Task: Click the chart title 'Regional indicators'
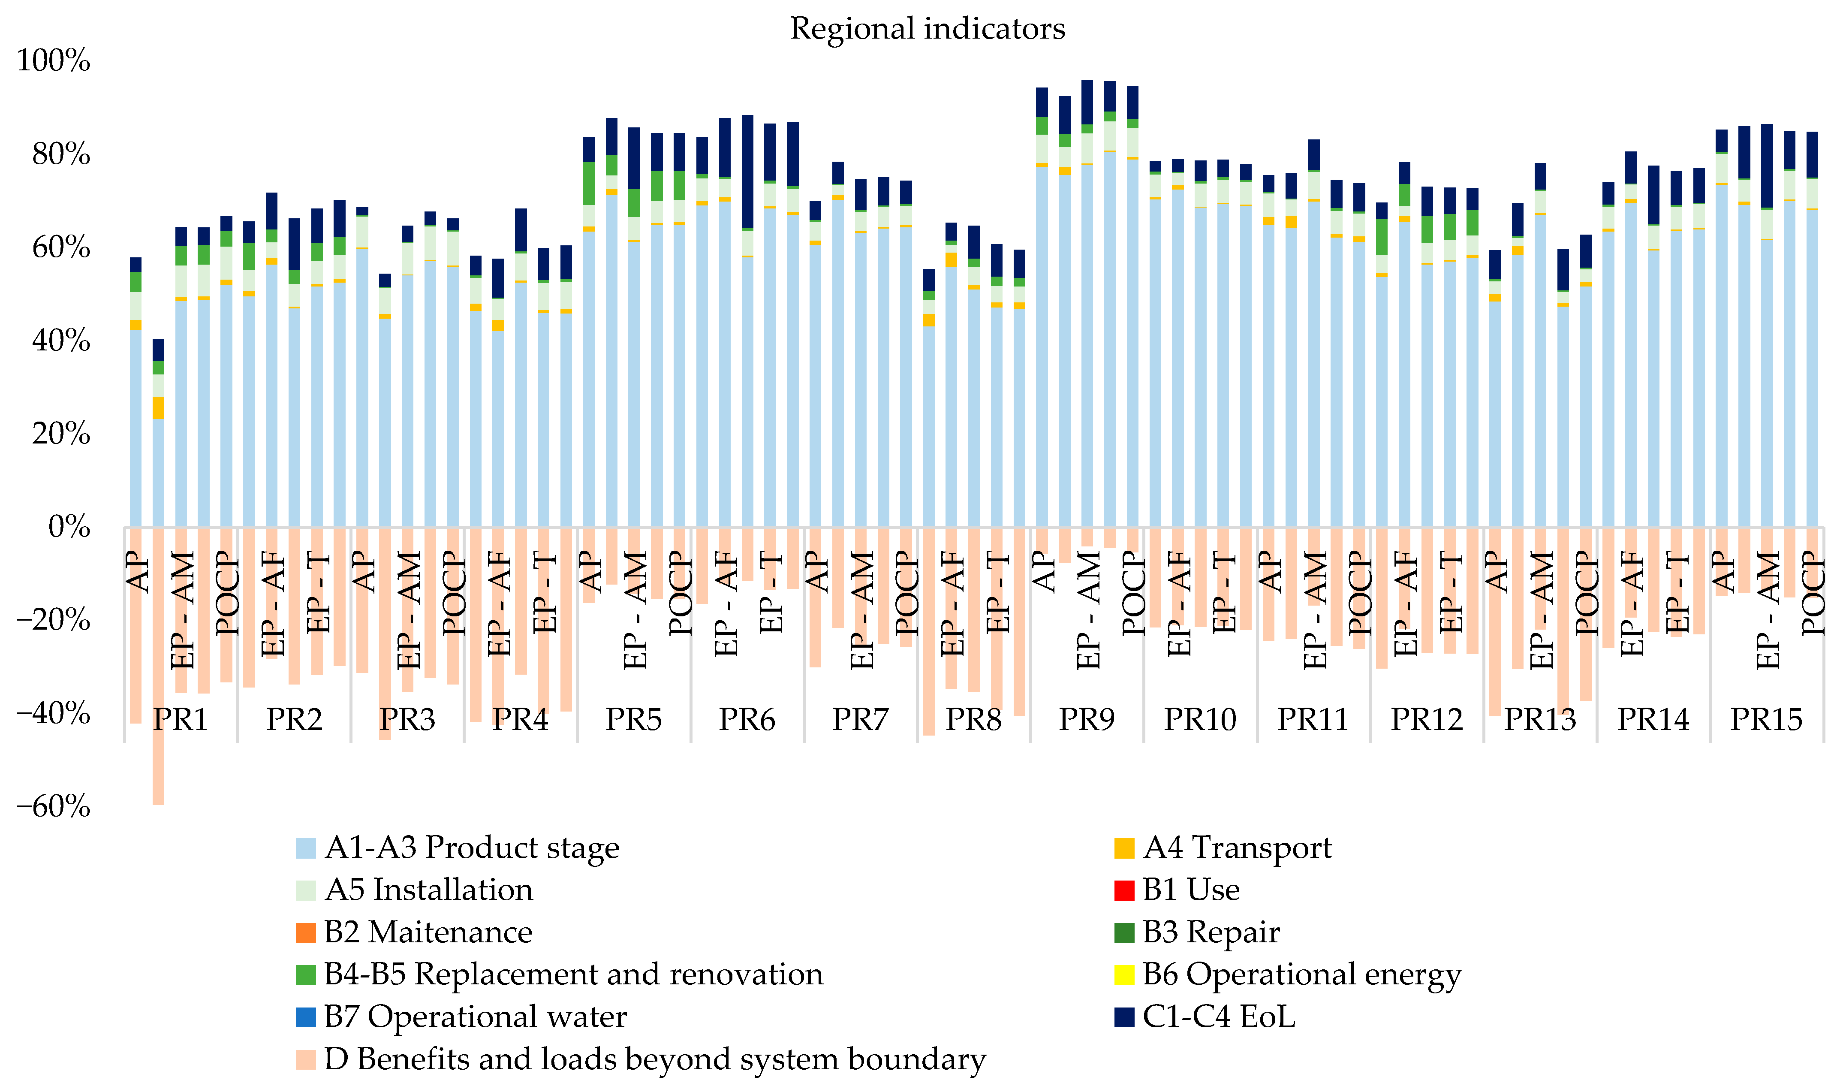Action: tap(927, 29)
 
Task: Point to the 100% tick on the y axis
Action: tap(54, 60)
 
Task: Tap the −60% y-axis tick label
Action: tap(54, 806)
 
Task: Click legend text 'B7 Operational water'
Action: tap(475, 1017)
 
